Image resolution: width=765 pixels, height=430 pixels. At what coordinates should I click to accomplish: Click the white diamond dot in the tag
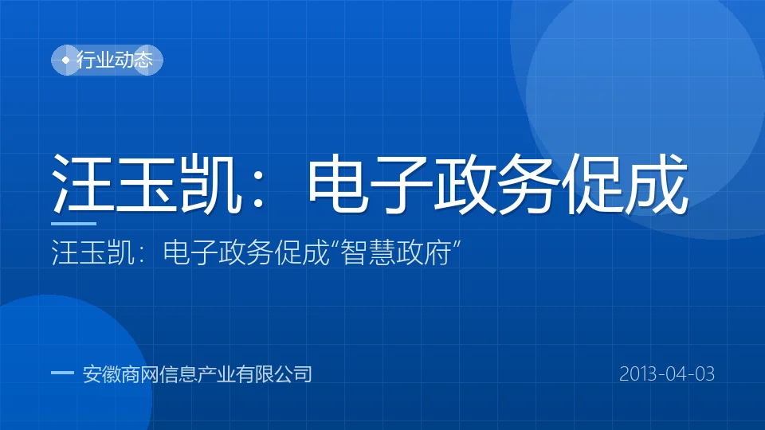click(66, 61)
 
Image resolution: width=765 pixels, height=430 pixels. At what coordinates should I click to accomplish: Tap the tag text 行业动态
click(115, 60)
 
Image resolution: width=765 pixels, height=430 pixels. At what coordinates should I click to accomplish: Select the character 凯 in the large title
click(211, 183)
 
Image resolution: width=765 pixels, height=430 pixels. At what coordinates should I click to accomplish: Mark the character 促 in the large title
click(593, 183)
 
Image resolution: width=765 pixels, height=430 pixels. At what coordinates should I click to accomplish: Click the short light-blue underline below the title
click(73, 224)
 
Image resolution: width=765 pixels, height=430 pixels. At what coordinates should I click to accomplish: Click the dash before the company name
click(62, 373)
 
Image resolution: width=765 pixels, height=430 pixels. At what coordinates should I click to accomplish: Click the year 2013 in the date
click(639, 374)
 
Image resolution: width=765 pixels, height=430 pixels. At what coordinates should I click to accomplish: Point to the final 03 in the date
click(704, 374)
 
